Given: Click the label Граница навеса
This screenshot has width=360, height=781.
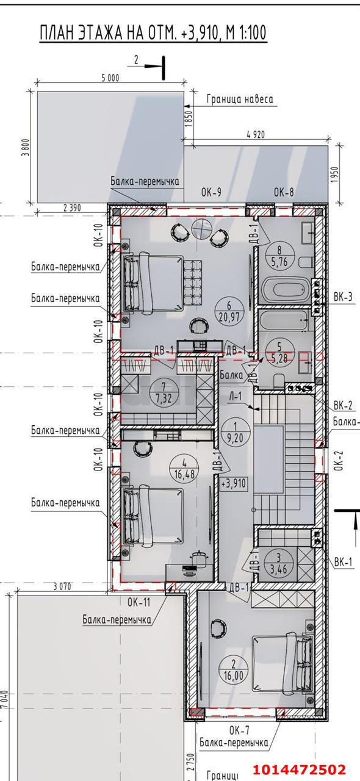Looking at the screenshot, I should tap(239, 99).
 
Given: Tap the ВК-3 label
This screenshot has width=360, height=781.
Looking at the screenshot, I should tap(343, 298).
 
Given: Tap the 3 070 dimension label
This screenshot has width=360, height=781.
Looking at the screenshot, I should tap(62, 586).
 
